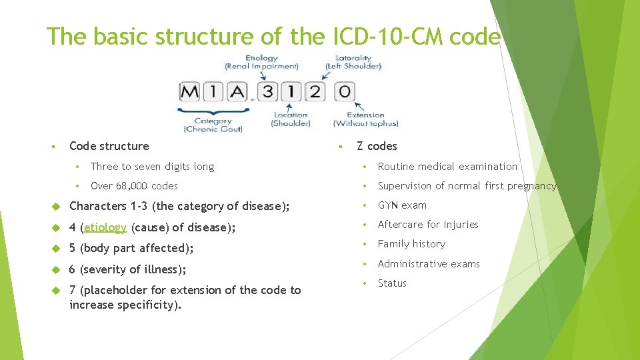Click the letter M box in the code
coord(190,91)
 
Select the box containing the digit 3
coord(268,91)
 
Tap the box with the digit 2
coord(314,91)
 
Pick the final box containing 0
coord(344,91)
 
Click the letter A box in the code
coord(237,91)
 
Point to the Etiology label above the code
coord(261,58)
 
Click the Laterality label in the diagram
coord(353,58)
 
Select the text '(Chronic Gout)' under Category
coord(213,129)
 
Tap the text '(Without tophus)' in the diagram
coord(366,123)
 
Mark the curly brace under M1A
coord(213,110)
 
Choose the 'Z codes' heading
coord(377,146)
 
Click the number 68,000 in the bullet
coord(133,186)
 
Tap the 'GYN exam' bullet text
coord(402,205)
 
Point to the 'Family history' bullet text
coord(411,244)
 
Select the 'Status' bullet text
coord(392,283)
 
